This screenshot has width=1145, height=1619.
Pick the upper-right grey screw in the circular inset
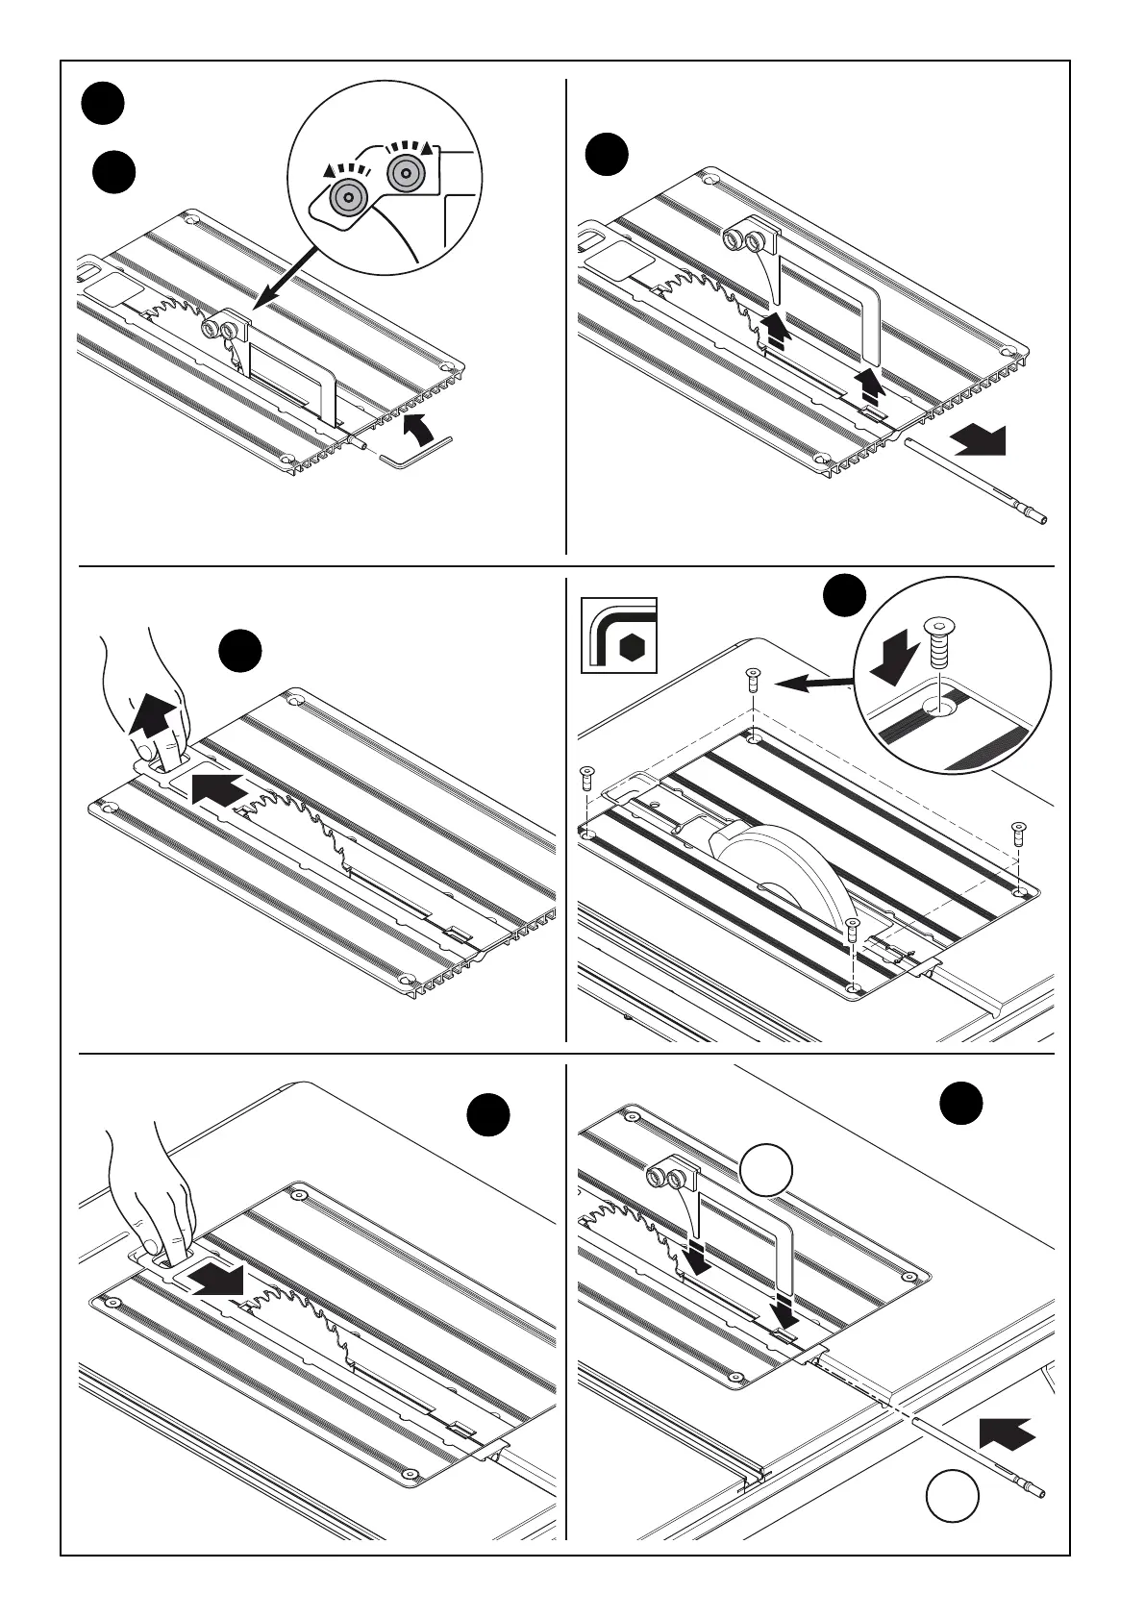(x=406, y=174)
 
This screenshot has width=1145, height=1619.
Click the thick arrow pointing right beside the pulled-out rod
(x=978, y=442)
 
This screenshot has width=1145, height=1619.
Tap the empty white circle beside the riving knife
(x=766, y=1172)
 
